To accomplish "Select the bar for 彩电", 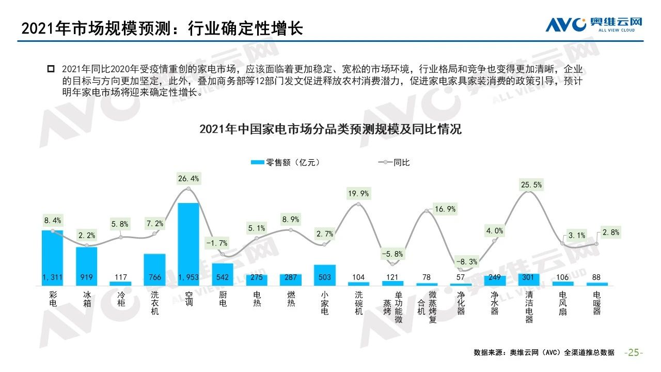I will (x=52, y=253).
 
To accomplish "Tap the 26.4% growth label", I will (x=188, y=179).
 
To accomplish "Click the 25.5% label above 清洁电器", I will (x=532, y=184).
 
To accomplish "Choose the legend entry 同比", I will (x=395, y=162).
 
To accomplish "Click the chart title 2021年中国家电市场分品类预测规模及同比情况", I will (x=330, y=130).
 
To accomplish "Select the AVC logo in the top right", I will (x=594, y=24).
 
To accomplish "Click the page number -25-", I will (x=634, y=352).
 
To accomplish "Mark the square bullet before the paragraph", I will (x=51, y=69).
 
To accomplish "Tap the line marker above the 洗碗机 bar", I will (x=359, y=205).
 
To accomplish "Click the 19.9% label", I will (x=358, y=194).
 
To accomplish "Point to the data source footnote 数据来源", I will (x=544, y=352).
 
